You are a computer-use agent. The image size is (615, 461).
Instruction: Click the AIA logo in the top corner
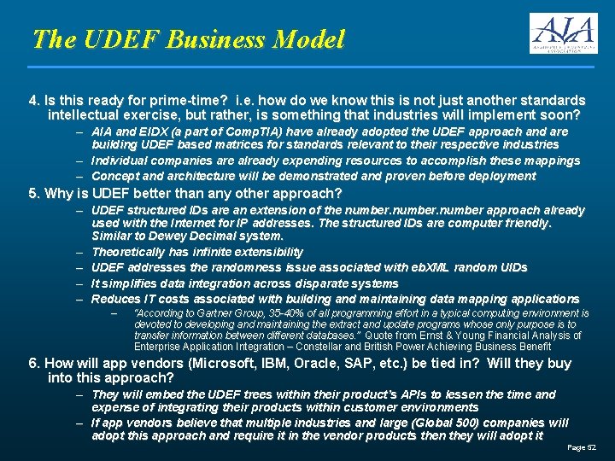click(x=562, y=33)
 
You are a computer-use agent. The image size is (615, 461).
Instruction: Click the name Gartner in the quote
click(x=231, y=314)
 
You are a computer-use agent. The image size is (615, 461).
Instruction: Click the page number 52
click(x=592, y=448)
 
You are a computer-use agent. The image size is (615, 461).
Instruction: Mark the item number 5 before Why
click(x=32, y=194)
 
